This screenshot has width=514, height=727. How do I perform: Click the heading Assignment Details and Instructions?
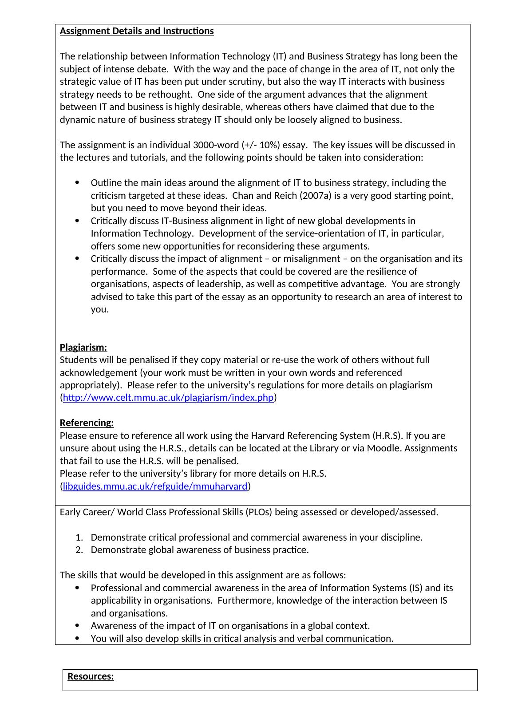(x=137, y=31)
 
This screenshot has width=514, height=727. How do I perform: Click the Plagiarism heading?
(x=83, y=347)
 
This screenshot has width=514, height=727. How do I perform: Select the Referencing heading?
(x=87, y=423)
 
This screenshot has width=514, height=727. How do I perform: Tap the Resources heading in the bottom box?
(x=91, y=676)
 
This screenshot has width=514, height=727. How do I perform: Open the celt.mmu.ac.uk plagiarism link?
(x=168, y=398)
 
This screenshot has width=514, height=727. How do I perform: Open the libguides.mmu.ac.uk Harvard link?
(x=155, y=486)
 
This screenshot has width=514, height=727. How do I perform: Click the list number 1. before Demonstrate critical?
(x=79, y=537)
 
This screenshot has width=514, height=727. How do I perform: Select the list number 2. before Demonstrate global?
(x=79, y=550)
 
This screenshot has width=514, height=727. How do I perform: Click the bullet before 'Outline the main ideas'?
(x=78, y=183)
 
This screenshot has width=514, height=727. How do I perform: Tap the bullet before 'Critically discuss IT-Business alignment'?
(x=78, y=221)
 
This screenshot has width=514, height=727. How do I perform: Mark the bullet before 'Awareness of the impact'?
(x=78, y=626)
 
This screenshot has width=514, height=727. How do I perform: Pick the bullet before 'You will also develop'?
(x=78, y=639)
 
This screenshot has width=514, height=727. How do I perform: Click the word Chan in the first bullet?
(x=242, y=196)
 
